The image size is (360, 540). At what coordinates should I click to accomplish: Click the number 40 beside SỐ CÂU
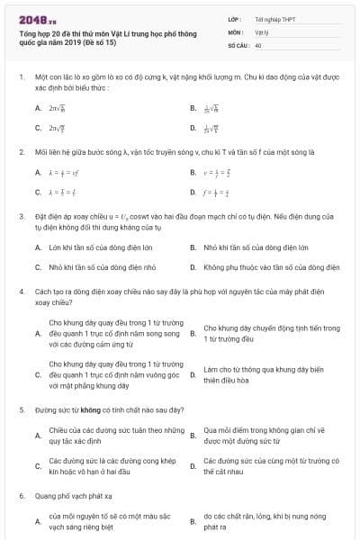click(258, 44)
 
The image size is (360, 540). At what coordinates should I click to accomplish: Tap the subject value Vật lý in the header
click(262, 31)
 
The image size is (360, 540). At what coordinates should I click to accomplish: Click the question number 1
click(21, 78)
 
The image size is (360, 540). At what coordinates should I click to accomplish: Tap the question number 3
click(21, 217)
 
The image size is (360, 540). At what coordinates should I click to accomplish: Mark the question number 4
click(21, 292)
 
